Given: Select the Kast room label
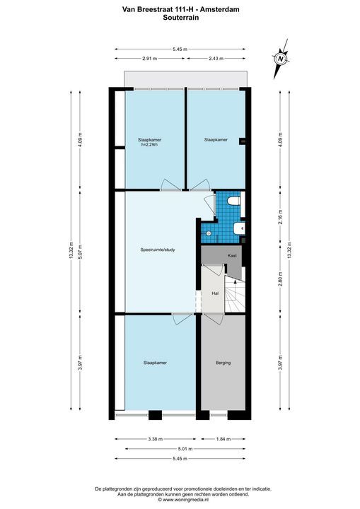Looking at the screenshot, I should coord(231,255).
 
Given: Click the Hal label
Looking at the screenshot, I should coord(215,291).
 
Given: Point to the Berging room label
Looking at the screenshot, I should coord(223,363).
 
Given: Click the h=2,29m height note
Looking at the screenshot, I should coord(149,145).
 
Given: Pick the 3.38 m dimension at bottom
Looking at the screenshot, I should coord(154,439).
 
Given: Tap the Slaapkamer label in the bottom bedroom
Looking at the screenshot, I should coord(155,363).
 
